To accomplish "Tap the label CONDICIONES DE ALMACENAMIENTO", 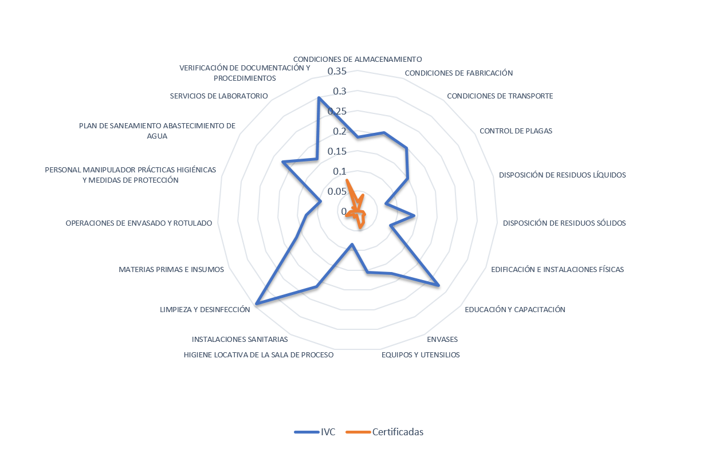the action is (x=357, y=59).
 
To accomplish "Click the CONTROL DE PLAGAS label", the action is (x=516, y=131).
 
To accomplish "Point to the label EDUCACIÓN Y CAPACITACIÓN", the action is (x=514, y=309).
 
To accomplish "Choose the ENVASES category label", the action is (x=446, y=340).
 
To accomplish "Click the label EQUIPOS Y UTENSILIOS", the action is (x=421, y=355).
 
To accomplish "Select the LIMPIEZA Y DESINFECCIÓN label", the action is (x=205, y=309).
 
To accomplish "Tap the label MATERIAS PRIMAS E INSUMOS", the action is (x=171, y=269).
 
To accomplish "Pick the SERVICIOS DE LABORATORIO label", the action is (x=219, y=96).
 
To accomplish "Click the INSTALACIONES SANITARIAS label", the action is (x=239, y=340).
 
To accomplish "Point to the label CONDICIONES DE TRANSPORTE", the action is (x=500, y=96).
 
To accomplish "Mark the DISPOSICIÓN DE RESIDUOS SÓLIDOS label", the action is (x=564, y=223).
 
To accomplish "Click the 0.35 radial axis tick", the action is (x=337, y=71).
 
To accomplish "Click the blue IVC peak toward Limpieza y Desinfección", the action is (x=256, y=304).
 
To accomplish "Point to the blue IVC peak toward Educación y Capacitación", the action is (x=439, y=285).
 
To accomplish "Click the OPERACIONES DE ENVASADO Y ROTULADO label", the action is (x=139, y=223).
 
